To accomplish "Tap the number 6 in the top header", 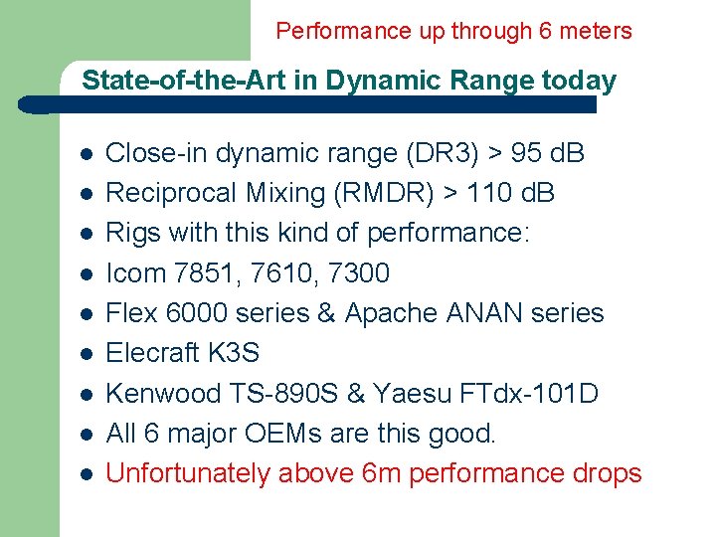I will [545, 31].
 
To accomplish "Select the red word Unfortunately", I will [187, 473].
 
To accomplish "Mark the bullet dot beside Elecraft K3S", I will [86, 354].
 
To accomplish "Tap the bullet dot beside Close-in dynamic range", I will [86, 154].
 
